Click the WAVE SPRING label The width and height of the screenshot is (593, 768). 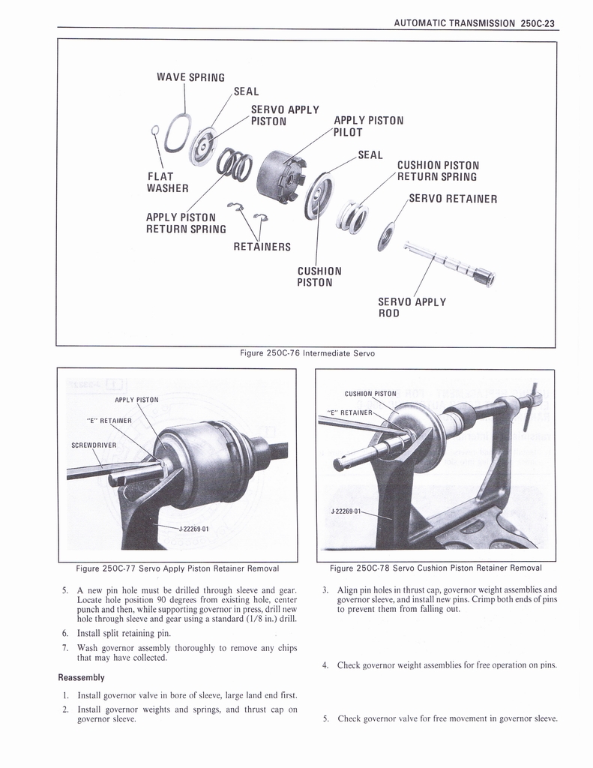point(190,77)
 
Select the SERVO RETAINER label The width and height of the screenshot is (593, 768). point(453,199)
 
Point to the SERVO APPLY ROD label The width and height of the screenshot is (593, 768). point(412,307)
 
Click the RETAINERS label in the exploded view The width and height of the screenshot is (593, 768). point(262,247)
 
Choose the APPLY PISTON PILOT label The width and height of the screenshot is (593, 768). point(368,126)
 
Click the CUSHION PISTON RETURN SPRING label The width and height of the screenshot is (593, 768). point(438,171)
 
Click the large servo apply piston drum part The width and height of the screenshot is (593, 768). point(280,176)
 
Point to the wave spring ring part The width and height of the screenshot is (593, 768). point(178,133)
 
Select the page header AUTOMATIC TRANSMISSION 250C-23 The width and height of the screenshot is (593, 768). point(476,23)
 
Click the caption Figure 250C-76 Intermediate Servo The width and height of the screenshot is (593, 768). point(305,354)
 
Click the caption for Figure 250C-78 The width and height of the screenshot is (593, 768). point(436,567)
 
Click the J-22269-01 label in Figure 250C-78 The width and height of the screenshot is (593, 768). point(346,511)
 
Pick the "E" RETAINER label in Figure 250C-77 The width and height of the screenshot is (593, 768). point(109,420)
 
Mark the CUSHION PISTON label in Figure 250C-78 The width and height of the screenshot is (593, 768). point(370,393)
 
